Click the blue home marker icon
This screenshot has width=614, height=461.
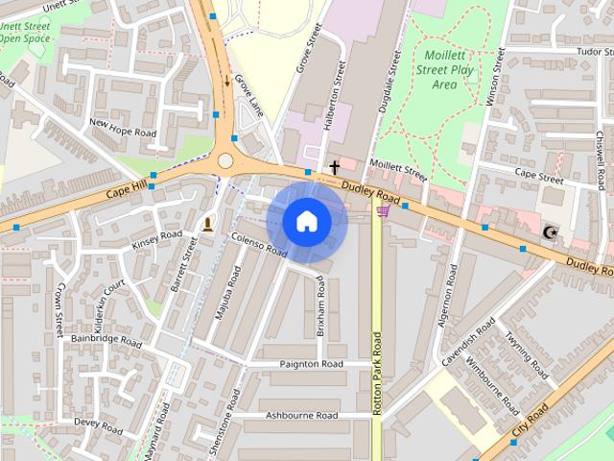[x=306, y=222]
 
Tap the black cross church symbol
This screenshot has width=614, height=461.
[x=335, y=168]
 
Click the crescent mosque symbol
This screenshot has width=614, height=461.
[x=551, y=232]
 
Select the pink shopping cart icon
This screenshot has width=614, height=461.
[x=384, y=210]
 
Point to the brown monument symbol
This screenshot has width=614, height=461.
[x=208, y=225]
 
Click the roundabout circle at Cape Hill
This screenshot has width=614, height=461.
[x=226, y=160]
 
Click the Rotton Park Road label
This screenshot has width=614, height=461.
[x=377, y=373]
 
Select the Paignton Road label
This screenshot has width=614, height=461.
[x=312, y=365]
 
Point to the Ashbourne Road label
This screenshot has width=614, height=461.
[x=301, y=416]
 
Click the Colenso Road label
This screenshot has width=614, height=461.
[x=259, y=246]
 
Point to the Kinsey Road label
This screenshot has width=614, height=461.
[x=156, y=239]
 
